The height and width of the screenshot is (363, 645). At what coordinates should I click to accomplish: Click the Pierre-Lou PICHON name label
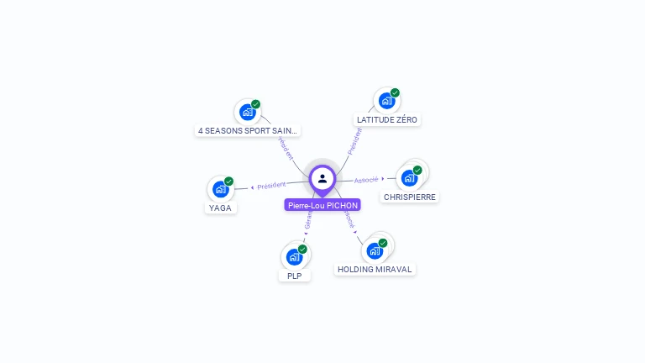click(322, 205)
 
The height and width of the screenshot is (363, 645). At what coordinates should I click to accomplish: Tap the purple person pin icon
click(322, 178)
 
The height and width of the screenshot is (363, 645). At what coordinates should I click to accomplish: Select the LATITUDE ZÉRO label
click(386, 120)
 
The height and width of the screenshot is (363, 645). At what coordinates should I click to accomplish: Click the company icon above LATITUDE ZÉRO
click(386, 101)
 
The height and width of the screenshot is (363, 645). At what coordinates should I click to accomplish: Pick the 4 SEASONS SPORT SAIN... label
click(248, 131)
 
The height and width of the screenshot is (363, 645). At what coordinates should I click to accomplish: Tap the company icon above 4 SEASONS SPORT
click(247, 112)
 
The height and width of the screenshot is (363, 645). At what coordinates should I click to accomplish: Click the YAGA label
click(220, 208)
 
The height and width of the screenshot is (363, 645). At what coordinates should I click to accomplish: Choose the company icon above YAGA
click(220, 189)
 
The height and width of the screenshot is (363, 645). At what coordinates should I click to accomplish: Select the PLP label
click(294, 276)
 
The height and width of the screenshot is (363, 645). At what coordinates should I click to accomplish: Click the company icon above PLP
click(294, 256)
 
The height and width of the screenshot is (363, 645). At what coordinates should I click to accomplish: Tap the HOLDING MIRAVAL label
click(375, 270)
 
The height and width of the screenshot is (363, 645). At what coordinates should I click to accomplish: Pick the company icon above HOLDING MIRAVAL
click(375, 250)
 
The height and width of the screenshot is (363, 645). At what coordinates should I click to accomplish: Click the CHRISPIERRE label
click(409, 197)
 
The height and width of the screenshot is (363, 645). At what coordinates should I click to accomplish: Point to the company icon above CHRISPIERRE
click(409, 177)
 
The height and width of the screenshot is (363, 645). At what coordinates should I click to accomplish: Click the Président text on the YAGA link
click(271, 185)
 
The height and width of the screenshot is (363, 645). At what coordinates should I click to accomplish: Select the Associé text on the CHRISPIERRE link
click(366, 180)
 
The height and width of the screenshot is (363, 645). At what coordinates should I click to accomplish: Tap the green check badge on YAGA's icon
click(228, 181)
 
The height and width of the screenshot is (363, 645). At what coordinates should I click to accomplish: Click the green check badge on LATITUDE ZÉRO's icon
click(395, 93)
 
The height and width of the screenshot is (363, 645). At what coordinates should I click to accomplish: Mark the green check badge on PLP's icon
click(302, 249)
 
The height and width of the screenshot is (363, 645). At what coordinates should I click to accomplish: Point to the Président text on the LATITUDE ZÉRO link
click(354, 140)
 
